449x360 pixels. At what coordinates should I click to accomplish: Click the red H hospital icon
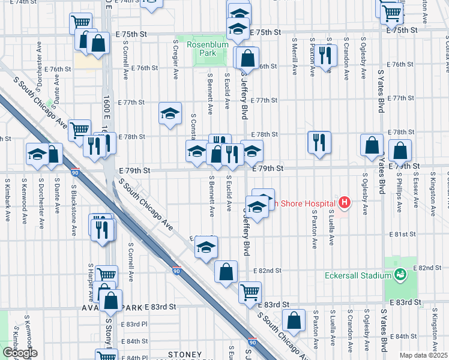coord(343,203)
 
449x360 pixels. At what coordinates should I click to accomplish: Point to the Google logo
coord(20,353)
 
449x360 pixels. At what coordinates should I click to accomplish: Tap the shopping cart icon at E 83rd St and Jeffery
coord(249,292)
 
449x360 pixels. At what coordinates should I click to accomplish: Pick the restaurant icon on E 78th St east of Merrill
coord(319,142)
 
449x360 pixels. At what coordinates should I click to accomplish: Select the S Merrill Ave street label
coord(294,58)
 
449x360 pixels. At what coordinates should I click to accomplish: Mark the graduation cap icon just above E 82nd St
coord(205,247)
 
